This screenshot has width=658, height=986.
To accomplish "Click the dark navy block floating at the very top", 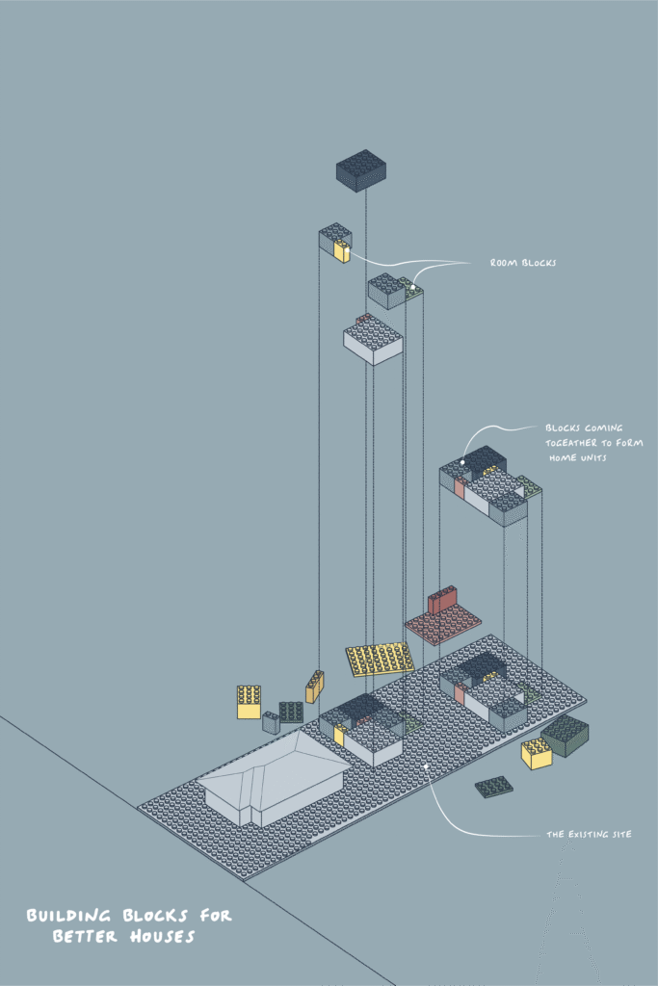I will pos(360,169).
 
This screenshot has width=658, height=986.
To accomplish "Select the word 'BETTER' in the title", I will pos(84,936).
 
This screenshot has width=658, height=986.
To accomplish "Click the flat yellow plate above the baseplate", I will pos(382,660).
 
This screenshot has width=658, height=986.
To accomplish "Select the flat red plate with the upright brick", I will pos(443,618).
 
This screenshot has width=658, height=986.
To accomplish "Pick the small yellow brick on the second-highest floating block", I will pos(341,251).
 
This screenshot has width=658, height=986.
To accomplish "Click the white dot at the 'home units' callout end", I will pos(462,462).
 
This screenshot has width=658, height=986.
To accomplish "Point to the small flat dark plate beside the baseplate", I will pos(494,786).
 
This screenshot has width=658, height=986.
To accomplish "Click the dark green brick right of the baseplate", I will pos(566,735).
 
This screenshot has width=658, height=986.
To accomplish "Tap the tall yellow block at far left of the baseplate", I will pos(249,701).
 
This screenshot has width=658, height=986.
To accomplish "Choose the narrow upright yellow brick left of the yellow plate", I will pos(314,686).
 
